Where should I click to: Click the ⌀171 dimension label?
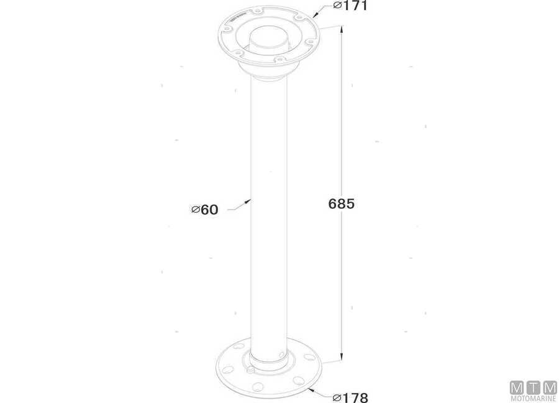click(351, 6)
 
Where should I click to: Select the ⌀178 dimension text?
click(350, 397)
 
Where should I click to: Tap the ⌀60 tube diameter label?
click(205, 210)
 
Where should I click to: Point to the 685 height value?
click(341, 203)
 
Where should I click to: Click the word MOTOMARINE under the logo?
click(533, 399)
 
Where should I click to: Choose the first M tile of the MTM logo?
click(517, 387)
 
